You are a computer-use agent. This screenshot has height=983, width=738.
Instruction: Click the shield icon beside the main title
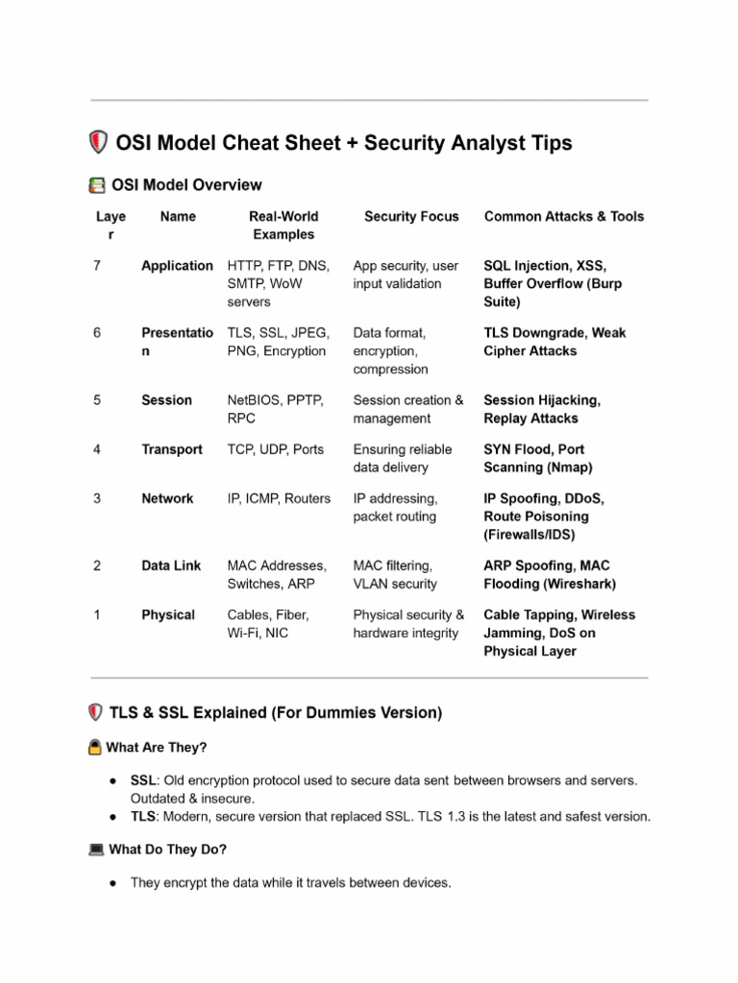pos(98,143)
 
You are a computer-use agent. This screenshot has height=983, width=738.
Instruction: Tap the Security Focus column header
pos(411,217)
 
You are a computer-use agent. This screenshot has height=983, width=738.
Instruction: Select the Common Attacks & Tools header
pos(564,217)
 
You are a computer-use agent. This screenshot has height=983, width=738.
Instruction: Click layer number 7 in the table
pos(98,266)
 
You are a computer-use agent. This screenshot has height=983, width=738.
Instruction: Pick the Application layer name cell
pos(177,266)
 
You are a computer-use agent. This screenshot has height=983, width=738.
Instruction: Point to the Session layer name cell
pos(166,400)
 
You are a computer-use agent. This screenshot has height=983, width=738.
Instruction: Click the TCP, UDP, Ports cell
pos(276,449)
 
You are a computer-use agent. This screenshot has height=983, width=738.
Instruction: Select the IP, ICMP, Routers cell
pos(279,498)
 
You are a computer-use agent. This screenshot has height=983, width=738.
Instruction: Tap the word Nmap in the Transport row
pos(570,468)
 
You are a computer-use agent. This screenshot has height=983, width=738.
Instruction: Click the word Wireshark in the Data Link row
pos(579,584)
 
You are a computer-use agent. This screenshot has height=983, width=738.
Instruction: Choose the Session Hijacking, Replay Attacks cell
pos(542,409)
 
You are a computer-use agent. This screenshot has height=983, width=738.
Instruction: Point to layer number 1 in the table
pos(98,615)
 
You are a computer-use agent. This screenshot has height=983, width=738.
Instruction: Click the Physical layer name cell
pos(168,615)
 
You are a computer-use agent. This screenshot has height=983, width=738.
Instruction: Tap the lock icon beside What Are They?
pos(95,747)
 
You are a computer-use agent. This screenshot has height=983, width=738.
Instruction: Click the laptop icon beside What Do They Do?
pos(96,850)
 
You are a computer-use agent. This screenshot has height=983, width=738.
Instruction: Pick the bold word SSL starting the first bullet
pos(143,780)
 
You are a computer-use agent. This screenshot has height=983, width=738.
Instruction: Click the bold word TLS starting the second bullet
pos(143,817)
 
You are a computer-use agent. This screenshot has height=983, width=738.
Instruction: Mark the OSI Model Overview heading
pos(186,184)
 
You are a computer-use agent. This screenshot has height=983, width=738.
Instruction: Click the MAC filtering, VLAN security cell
pos(395,574)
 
